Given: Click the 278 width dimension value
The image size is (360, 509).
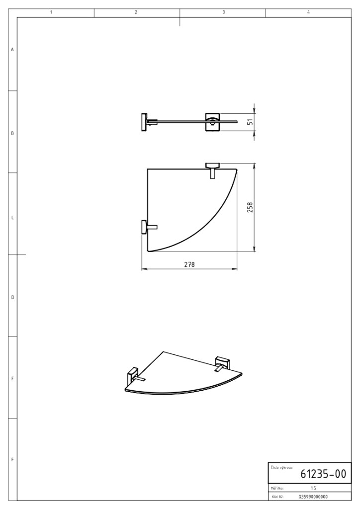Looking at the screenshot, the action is [x=189, y=264].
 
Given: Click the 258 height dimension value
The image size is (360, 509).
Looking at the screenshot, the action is [x=250, y=207].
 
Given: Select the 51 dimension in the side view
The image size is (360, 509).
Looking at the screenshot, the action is [x=250, y=122].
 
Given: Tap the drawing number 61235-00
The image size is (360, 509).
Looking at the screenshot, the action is [x=323, y=474].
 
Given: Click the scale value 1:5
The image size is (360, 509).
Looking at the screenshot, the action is [x=313, y=488].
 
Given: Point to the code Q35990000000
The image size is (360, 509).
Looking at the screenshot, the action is [x=313, y=497].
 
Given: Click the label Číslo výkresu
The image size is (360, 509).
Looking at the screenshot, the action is [x=281, y=467].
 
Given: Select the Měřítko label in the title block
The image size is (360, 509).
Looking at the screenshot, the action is [x=277, y=488].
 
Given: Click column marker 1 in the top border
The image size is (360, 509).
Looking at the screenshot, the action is [x=51, y=12].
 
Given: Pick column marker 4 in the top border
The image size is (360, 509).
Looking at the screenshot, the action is [x=308, y=12].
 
